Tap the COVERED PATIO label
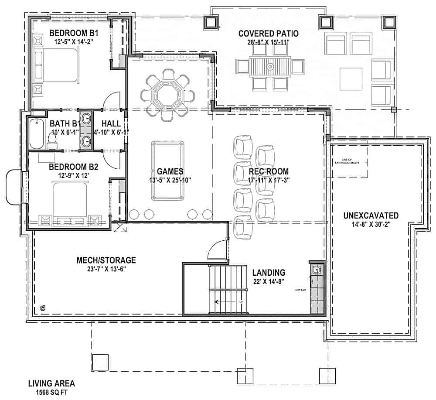pos(268,34)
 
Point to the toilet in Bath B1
pos(53,139)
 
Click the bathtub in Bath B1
pos(37,133)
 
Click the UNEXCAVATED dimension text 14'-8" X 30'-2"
pos(371,225)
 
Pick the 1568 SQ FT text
pos(51,392)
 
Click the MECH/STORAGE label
pos(106,260)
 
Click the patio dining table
pos(270,67)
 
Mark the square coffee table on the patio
pos(351,79)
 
